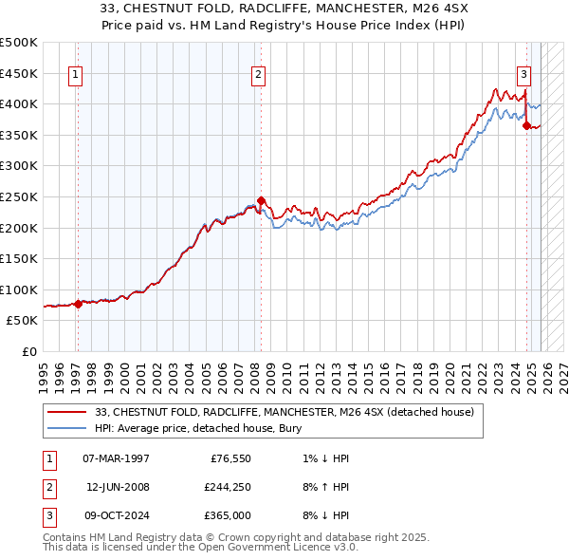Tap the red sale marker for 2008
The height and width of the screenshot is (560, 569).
point(262,201)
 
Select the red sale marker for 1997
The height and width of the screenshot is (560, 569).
point(78,304)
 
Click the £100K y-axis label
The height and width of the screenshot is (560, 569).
point(19,289)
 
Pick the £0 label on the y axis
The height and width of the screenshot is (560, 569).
point(28,351)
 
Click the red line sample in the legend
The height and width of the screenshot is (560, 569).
point(66,412)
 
